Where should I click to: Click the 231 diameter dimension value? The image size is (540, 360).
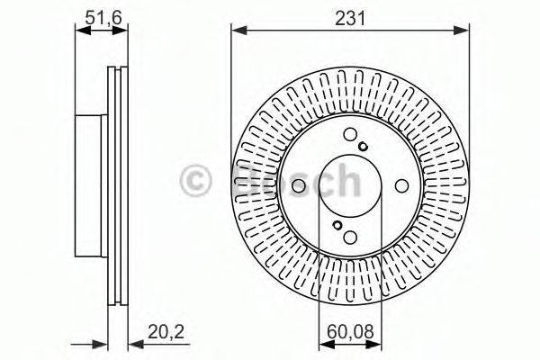tap(350, 18)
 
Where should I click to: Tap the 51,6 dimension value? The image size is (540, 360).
tap(103, 18)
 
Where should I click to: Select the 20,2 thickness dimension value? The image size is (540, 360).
tap(166, 332)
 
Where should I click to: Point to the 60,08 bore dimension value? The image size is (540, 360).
tap(350, 332)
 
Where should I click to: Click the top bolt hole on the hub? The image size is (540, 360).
tap(350, 134)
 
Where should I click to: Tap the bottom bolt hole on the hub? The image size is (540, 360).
tap(350, 237)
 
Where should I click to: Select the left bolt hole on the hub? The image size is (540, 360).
tap(299, 186)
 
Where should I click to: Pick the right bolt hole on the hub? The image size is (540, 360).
tap(401, 186)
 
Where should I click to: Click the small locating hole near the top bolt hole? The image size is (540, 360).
tap(363, 147)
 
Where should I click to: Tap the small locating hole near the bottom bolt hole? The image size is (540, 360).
tap(337, 225)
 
